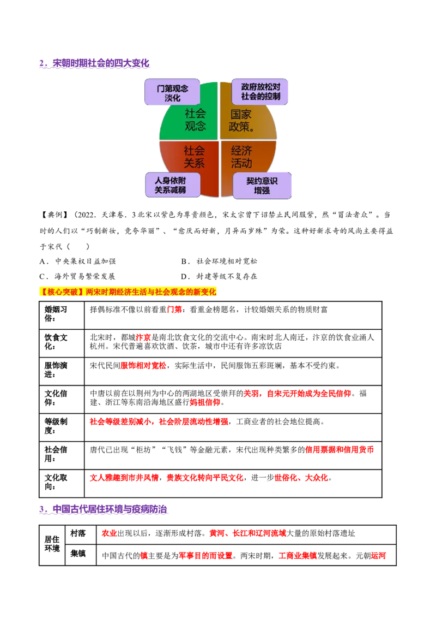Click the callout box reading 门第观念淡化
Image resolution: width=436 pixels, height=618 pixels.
click(x=172, y=93)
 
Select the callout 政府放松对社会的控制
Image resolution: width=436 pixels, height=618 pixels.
click(x=261, y=92)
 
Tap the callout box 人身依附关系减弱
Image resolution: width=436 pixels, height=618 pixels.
click(x=172, y=185)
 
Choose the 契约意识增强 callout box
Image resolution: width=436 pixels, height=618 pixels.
click(x=262, y=186)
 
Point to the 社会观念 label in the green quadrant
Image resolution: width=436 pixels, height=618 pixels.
click(x=195, y=120)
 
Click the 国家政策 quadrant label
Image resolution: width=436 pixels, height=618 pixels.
click(x=242, y=120)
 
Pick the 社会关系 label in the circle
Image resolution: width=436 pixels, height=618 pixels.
click(x=193, y=156)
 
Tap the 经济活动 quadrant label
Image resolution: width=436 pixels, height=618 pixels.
click(x=241, y=157)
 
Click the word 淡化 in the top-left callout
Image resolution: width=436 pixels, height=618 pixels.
click(x=172, y=98)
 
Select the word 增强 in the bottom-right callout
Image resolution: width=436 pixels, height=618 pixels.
click(x=262, y=191)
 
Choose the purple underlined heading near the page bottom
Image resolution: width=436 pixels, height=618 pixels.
click(x=102, y=510)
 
